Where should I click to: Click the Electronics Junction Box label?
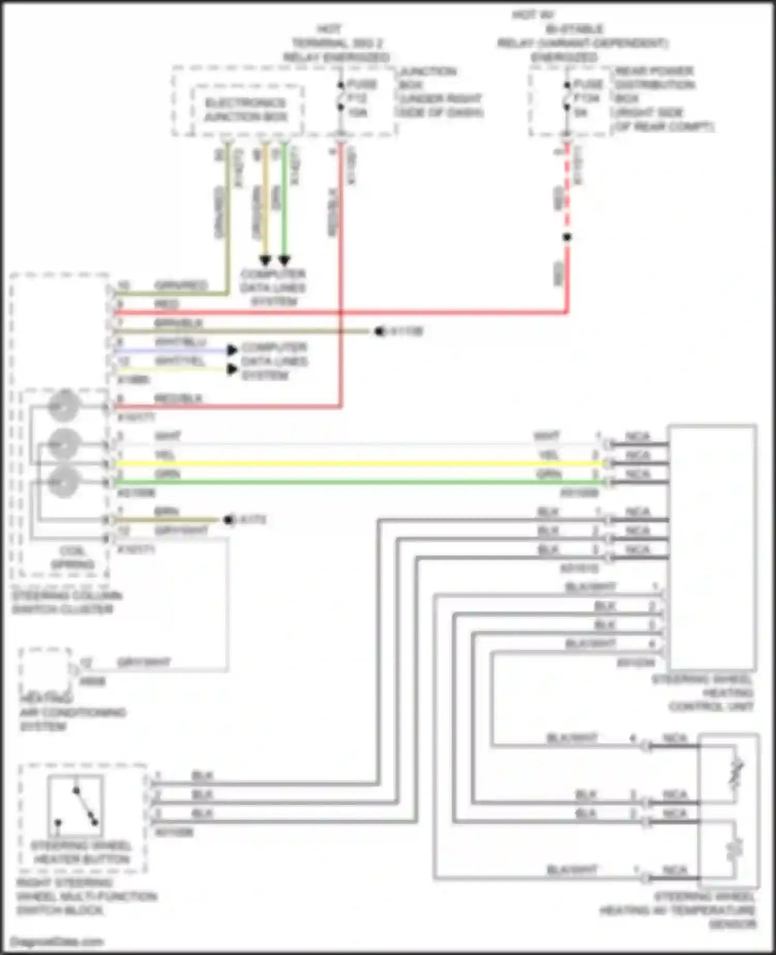coord(246,110)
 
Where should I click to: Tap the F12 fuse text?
coord(357,98)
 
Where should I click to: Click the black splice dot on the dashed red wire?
coord(567,237)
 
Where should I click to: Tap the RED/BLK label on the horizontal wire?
coord(178,398)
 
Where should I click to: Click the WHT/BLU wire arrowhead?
coord(232,350)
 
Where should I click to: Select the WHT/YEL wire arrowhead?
coord(232,369)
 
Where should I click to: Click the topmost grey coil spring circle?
coord(63,406)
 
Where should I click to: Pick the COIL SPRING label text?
coord(72,557)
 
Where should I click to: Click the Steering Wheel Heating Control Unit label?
coord(706,693)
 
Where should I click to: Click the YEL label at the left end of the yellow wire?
coord(165,455)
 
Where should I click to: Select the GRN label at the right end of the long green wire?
coord(548,474)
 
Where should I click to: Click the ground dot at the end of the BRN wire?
coord(228,519)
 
